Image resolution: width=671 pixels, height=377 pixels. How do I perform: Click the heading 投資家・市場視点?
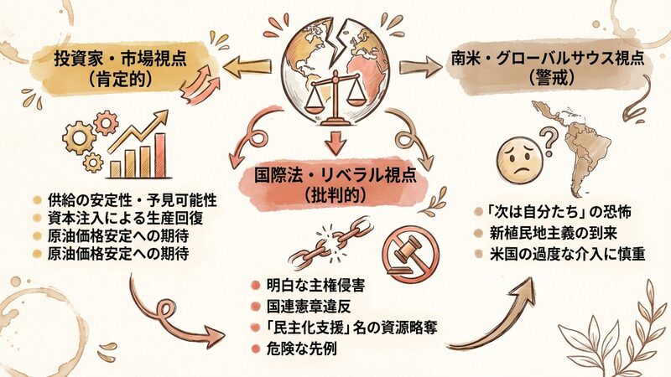(122, 59)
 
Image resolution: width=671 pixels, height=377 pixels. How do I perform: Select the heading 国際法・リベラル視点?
(335, 177)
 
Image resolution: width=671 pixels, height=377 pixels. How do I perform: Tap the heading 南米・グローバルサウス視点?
(547, 59)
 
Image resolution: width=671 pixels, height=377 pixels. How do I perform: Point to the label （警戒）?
(547, 81)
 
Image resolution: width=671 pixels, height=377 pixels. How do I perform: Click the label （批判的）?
(335, 198)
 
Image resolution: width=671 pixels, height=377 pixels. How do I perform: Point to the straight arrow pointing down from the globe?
(335, 140)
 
